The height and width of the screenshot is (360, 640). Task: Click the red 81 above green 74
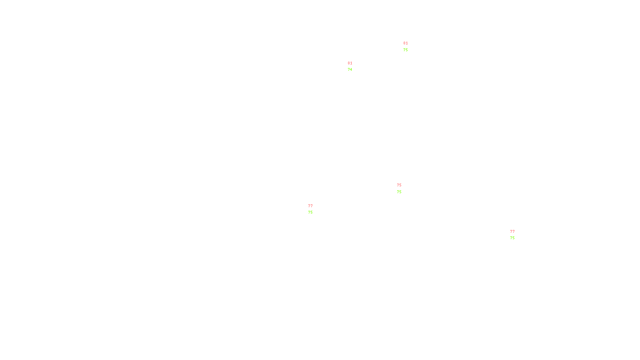(350, 63)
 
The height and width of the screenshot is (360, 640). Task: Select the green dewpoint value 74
(350, 70)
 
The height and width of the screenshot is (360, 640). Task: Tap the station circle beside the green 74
(354, 66)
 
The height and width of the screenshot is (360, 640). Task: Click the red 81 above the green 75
(406, 43)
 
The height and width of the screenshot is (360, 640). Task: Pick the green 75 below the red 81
(406, 50)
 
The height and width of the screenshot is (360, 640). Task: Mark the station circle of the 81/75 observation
(409, 47)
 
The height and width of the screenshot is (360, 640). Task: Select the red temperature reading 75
(399, 185)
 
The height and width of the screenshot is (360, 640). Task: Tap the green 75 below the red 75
(399, 192)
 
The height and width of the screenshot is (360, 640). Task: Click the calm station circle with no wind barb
(403, 188)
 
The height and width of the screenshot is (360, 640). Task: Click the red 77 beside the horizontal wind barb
(310, 206)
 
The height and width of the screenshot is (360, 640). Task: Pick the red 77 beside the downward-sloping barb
(512, 232)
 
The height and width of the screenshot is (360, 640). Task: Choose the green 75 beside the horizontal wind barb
(310, 212)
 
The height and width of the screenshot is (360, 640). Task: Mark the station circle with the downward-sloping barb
(516, 235)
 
